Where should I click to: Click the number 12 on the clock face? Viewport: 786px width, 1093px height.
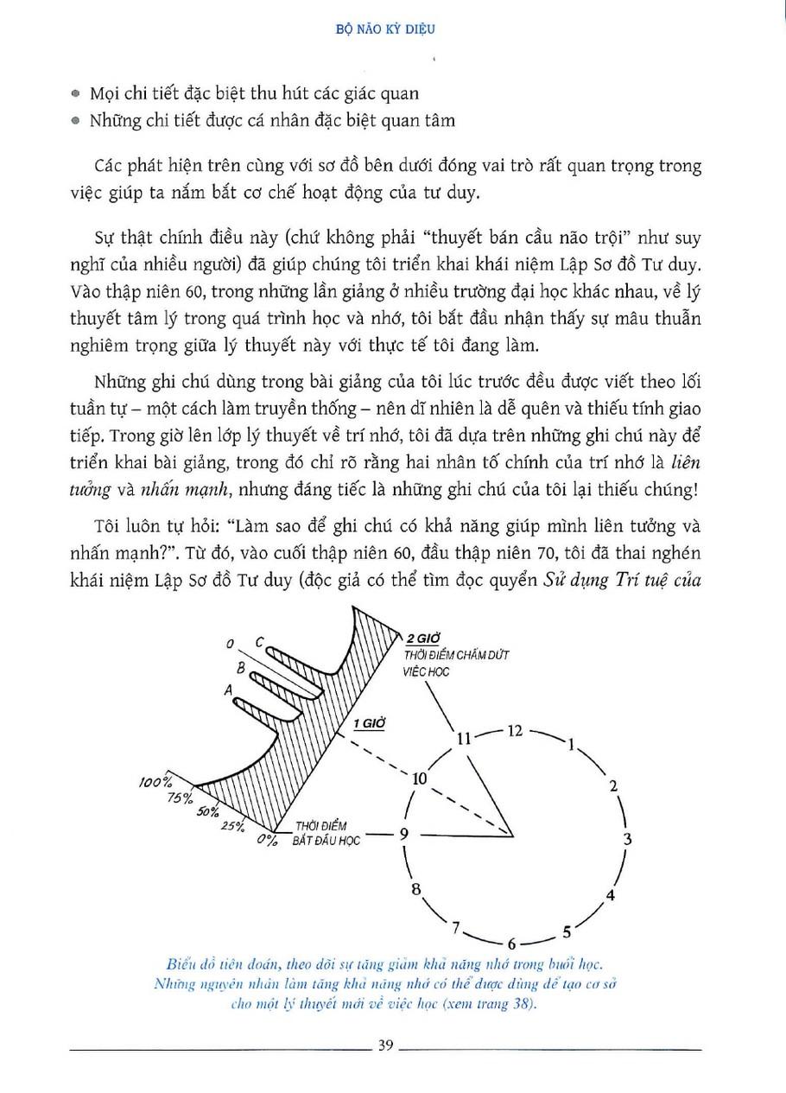click(x=515, y=730)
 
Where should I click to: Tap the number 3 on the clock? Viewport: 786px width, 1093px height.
click(x=628, y=838)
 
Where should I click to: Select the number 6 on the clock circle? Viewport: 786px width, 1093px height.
click(x=511, y=943)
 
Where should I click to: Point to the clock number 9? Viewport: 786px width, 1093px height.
click(x=403, y=834)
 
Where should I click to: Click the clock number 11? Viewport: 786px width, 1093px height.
click(x=465, y=738)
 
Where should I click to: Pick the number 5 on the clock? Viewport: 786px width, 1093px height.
click(x=567, y=931)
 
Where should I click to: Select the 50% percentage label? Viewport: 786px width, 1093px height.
click(x=207, y=812)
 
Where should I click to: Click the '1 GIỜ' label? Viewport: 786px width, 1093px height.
click(x=368, y=721)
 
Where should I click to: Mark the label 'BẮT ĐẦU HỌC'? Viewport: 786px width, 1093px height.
click(x=326, y=840)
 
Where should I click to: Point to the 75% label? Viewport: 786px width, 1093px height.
click(x=181, y=798)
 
